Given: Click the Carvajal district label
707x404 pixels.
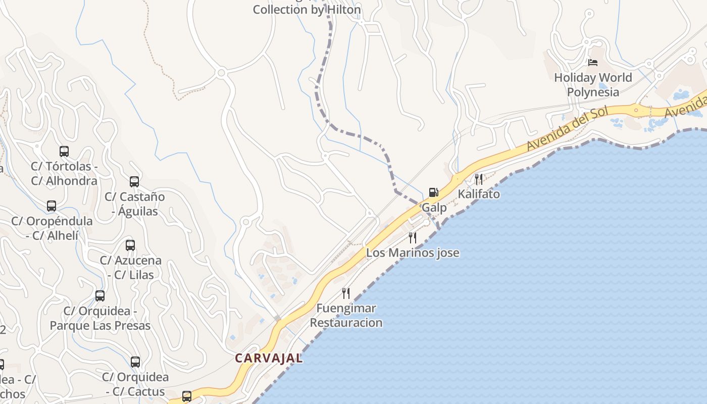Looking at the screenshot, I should (x=269, y=358).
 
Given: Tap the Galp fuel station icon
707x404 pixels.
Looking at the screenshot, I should (x=433, y=192).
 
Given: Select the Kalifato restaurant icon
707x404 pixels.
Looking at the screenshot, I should (x=478, y=179).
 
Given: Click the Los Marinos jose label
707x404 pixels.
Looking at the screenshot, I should (x=413, y=252).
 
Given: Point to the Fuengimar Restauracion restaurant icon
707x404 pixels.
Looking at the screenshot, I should (x=346, y=293).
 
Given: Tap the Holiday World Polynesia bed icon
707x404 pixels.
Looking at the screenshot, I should (x=593, y=63).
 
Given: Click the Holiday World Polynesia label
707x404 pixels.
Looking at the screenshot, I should (x=593, y=85).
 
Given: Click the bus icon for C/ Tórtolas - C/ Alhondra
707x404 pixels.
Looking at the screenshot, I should (x=64, y=151).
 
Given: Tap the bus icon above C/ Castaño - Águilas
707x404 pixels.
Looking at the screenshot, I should (x=134, y=181).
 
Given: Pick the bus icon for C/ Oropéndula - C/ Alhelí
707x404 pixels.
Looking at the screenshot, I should (x=52, y=206).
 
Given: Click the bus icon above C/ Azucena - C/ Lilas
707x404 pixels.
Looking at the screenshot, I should (x=130, y=245).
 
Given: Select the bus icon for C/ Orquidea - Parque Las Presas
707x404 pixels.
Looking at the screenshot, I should (x=100, y=296).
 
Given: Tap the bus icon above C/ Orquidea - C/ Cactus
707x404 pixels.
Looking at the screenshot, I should (x=135, y=362).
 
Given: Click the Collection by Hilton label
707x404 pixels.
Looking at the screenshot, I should (x=307, y=10).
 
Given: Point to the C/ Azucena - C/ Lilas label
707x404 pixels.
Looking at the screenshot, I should (x=131, y=268).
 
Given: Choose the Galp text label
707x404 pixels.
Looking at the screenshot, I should (x=434, y=208).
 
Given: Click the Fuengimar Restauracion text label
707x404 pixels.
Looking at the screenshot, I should (x=346, y=315).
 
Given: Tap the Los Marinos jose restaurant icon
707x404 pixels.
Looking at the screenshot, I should (x=413, y=237).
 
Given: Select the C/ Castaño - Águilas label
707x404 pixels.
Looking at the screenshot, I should (x=135, y=204).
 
